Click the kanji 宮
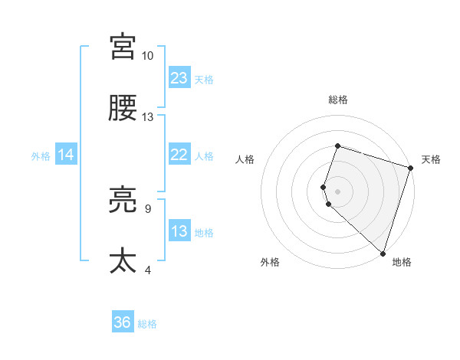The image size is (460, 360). click(x=123, y=47)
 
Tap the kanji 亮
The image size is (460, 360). click(x=123, y=200)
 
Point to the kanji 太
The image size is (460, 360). click(x=123, y=261)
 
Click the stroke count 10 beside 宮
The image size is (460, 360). click(x=148, y=56)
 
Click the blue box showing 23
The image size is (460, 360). click(x=179, y=78)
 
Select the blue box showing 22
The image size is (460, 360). click(x=179, y=155)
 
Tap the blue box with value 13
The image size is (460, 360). click(x=179, y=231)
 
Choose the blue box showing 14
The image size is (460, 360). click(x=66, y=155)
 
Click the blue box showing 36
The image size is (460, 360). click(x=123, y=323)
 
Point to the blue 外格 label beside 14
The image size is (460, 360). click(x=41, y=156)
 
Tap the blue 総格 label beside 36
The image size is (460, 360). click(x=147, y=325)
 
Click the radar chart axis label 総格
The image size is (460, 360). click(x=337, y=100)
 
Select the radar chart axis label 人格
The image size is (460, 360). click(x=245, y=159)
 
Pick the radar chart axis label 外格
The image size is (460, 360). click(x=270, y=262)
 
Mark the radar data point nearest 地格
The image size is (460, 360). click(x=383, y=253)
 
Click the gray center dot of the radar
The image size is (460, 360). click(x=337, y=191)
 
